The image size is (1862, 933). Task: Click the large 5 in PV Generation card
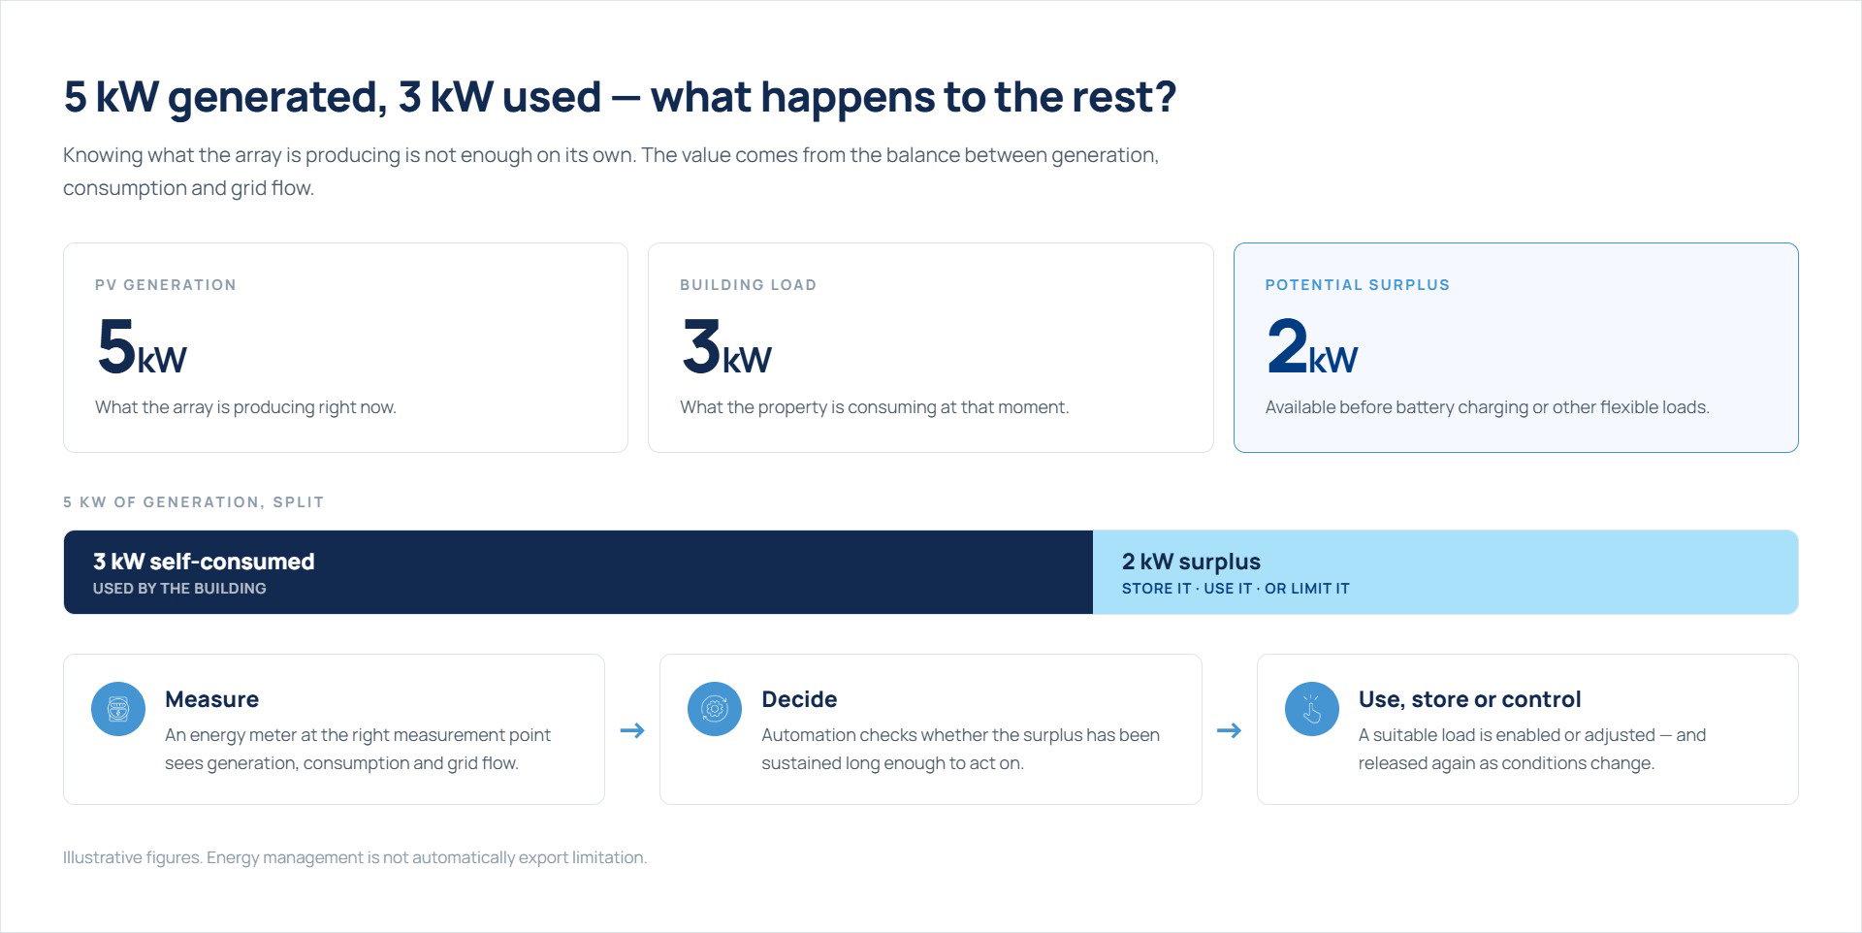[x=116, y=346]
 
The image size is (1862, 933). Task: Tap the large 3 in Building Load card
[x=701, y=346]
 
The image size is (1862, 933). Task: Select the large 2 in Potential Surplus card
[x=1287, y=346]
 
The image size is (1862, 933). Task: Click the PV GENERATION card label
[x=166, y=285]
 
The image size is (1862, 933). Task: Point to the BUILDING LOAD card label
[x=748, y=285]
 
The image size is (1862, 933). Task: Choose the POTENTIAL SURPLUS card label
[x=1358, y=285]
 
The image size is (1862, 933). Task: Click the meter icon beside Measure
[x=118, y=709]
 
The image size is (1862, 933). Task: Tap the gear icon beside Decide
[x=715, y=709]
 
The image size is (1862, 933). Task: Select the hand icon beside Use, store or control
[x=1312, y=709]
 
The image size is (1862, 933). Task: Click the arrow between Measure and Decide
[x=632, y=730]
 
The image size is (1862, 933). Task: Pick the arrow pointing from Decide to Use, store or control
[x=1229, y=730]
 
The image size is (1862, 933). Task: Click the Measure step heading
[x=211, y=699]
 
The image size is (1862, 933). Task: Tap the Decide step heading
[x=799, y=699]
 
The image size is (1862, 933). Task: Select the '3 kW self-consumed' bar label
[x=204, y=562]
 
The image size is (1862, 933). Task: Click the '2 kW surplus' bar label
[x=1191, y=562]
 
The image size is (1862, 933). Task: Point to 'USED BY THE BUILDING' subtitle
[x=179, y=589]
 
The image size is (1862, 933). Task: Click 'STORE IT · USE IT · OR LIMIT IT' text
[x=1236, y=589]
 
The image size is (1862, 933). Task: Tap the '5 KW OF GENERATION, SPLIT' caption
[x=193, y=502]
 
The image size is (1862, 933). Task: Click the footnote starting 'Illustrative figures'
[x=355, y=857]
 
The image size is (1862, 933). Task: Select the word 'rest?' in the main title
[x=1124, y=97]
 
